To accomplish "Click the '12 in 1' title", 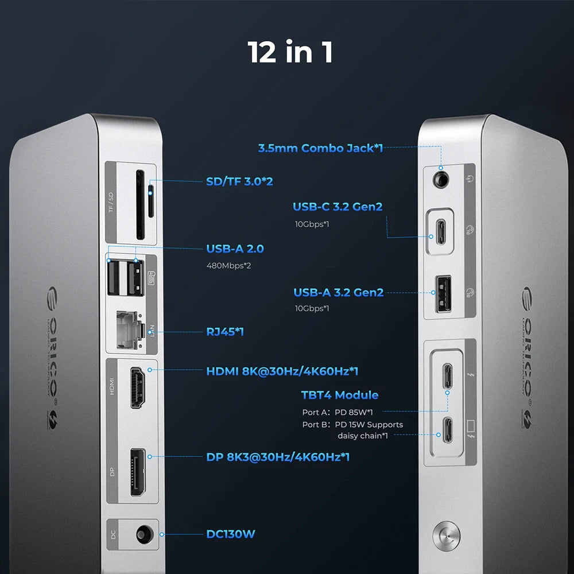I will tap(290, 52).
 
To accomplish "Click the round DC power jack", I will tap(143, 534).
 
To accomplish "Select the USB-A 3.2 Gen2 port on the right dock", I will tap(443, 293).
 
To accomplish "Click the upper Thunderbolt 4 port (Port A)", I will tap(447, 375).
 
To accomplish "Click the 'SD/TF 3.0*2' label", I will tap(239, 181).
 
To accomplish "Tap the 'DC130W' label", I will tap(231, 534).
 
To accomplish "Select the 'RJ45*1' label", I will tap(225, 331).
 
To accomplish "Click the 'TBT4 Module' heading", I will tap(340, 395).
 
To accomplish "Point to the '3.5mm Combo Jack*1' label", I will tap(320, 148).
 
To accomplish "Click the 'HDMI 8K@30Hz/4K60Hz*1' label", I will tap(282, 371).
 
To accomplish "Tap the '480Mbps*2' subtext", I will tap(229, 266).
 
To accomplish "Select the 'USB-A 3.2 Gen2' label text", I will tap(338, 293).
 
